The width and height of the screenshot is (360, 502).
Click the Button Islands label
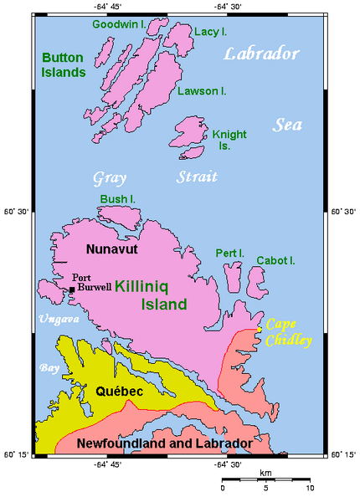pyautogui.click(x=63, y=64)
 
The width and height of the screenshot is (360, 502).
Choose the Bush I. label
pyautogui.click(x=117, y=199)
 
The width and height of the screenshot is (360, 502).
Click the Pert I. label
pyautogui.click(x=229, y=252)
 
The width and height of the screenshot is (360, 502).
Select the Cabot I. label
pyautogui.click(x=275, y=260)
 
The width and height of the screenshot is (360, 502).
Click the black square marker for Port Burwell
pyautogui.click(x=72, y=289)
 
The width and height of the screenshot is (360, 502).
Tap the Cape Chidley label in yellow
pyautogui.click(x=287, y=332)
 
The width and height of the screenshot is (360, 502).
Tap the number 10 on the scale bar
pyautogui.click(x=310, y=487)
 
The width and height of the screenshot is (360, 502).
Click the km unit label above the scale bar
pyautogui.click(x=265, y=473)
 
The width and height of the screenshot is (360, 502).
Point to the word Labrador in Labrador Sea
pyautogui.click(x=261, y=55)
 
